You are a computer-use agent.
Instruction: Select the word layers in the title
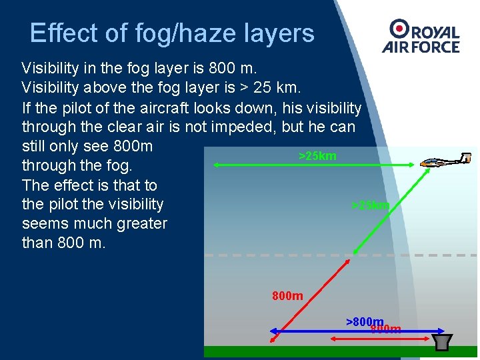coord(279,33)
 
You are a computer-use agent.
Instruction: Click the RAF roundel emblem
coord(399,27)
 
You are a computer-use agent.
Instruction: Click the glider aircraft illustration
coord(447,161)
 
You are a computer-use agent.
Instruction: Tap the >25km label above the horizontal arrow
coord(317,156)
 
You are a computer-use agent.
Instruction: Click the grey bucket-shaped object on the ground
coord(440,341)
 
